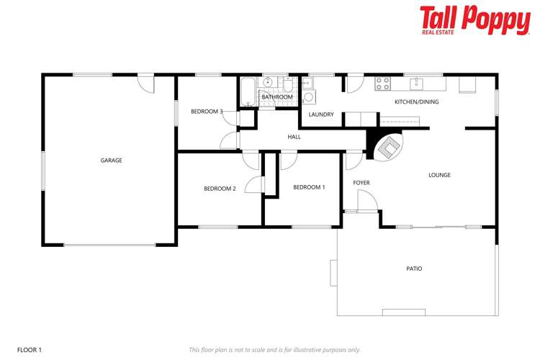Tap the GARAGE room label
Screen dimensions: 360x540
[111, 161]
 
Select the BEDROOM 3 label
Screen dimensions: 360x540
[207, 112]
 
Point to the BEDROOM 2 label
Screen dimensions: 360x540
[220, 189]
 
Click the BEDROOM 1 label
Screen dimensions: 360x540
[309, 187]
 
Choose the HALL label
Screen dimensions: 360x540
[294, 137]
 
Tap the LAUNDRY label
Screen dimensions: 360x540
[320, 114]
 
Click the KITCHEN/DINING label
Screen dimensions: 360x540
[416, 102]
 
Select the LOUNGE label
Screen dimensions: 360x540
[439, 175]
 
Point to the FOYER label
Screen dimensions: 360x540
[361, 183]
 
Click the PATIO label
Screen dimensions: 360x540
[414, 269]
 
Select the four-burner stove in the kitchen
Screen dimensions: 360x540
[382, 84]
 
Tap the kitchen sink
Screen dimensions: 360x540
[416, 84]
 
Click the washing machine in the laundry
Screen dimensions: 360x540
[308, 97]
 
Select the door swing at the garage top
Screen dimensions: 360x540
[147, 82]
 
